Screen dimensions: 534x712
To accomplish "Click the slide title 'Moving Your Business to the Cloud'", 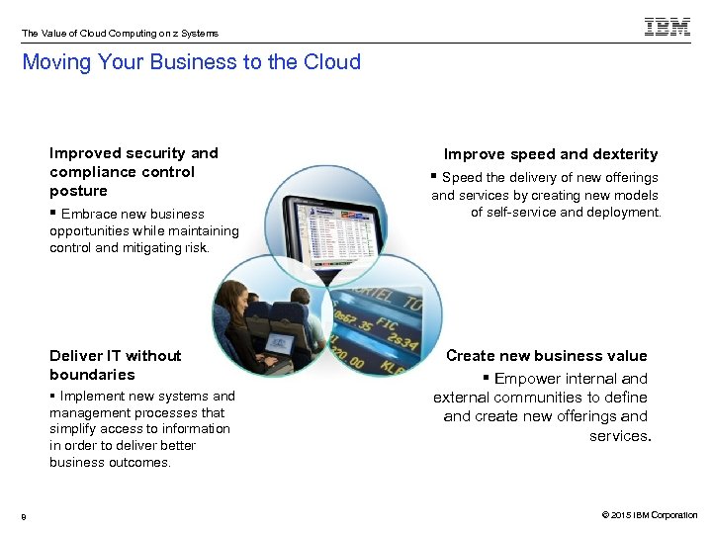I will point(191,62).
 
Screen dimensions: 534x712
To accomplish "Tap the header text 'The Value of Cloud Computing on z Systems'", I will point(120,33).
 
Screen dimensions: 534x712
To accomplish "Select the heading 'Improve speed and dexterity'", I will point(550,154).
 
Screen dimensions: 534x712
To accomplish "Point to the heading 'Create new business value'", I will point(546,356).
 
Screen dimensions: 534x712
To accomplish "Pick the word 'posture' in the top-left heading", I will point(78,191).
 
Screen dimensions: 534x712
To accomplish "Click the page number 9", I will point(24,515).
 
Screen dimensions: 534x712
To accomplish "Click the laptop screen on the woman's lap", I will point(279,345).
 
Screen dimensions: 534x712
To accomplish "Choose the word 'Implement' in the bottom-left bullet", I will point(91,397).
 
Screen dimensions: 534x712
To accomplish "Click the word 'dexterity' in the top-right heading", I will point(626,154).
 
